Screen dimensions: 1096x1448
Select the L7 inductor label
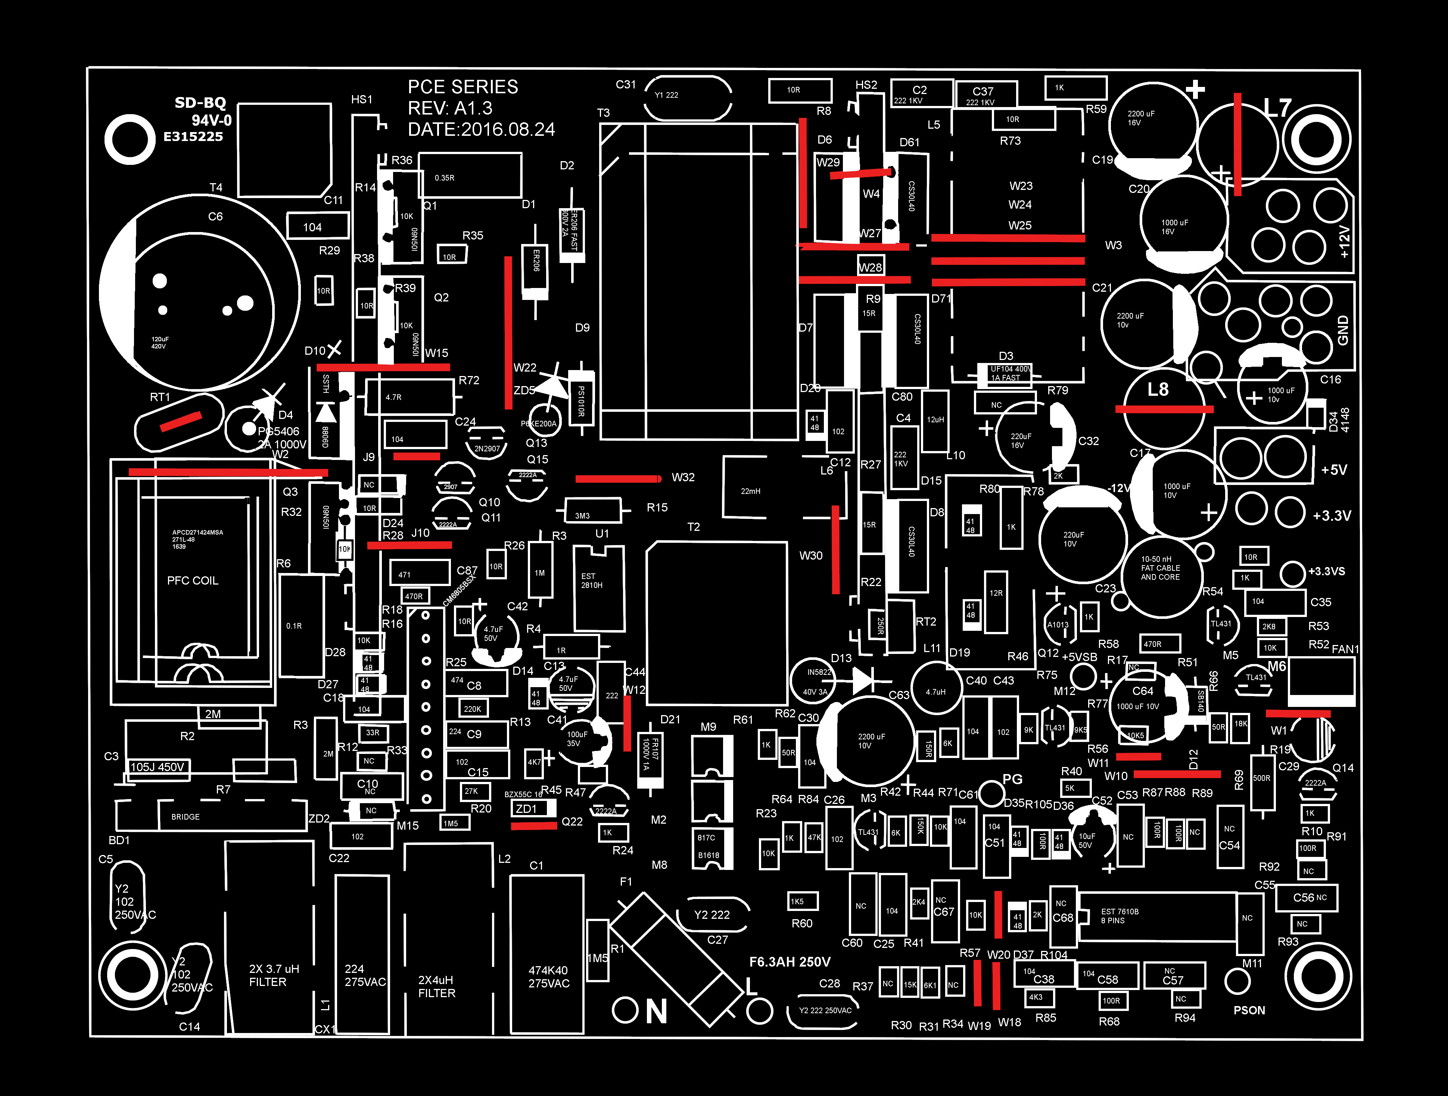coord(1277,108)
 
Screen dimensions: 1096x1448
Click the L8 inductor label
coord(1157,390)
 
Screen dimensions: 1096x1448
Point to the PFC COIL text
coord(193,580)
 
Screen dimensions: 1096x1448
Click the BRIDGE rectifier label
coord(185,817)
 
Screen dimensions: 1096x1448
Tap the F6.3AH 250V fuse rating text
coord(790,962)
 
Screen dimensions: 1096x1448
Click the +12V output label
coord(1344,242)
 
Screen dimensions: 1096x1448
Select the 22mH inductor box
coord(750,491)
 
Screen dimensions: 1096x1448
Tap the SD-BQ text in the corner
coord(200,103)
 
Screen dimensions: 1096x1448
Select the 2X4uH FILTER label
coord(437,986)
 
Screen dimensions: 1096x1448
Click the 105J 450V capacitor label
coord(157,767)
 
